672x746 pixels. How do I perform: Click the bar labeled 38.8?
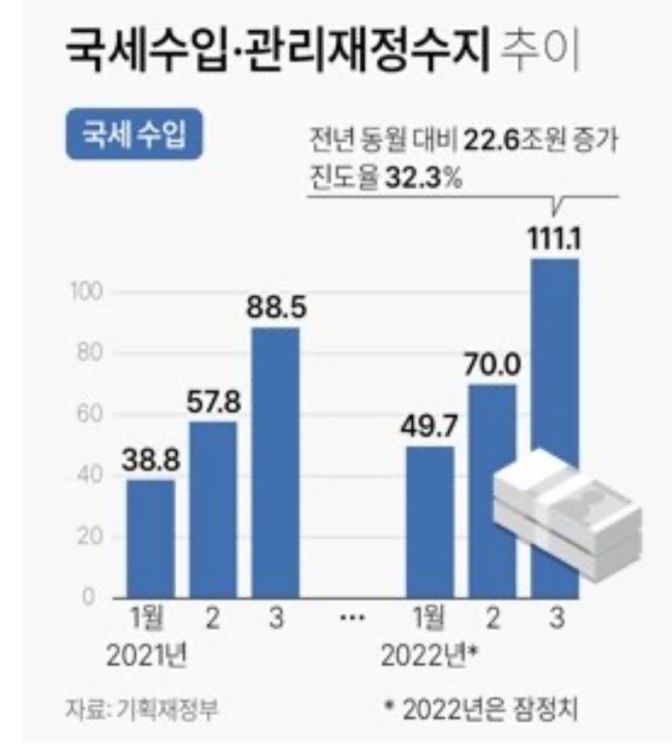click(151, 539)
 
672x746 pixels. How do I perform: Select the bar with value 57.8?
click(213, 510)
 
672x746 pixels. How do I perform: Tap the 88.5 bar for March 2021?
click(274, 463)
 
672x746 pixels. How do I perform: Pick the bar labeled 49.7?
click(429, 522)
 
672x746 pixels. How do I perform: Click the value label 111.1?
click(556, 241)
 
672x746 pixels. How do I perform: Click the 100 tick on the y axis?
click(87, 292)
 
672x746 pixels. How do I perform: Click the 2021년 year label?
click(147, 658)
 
